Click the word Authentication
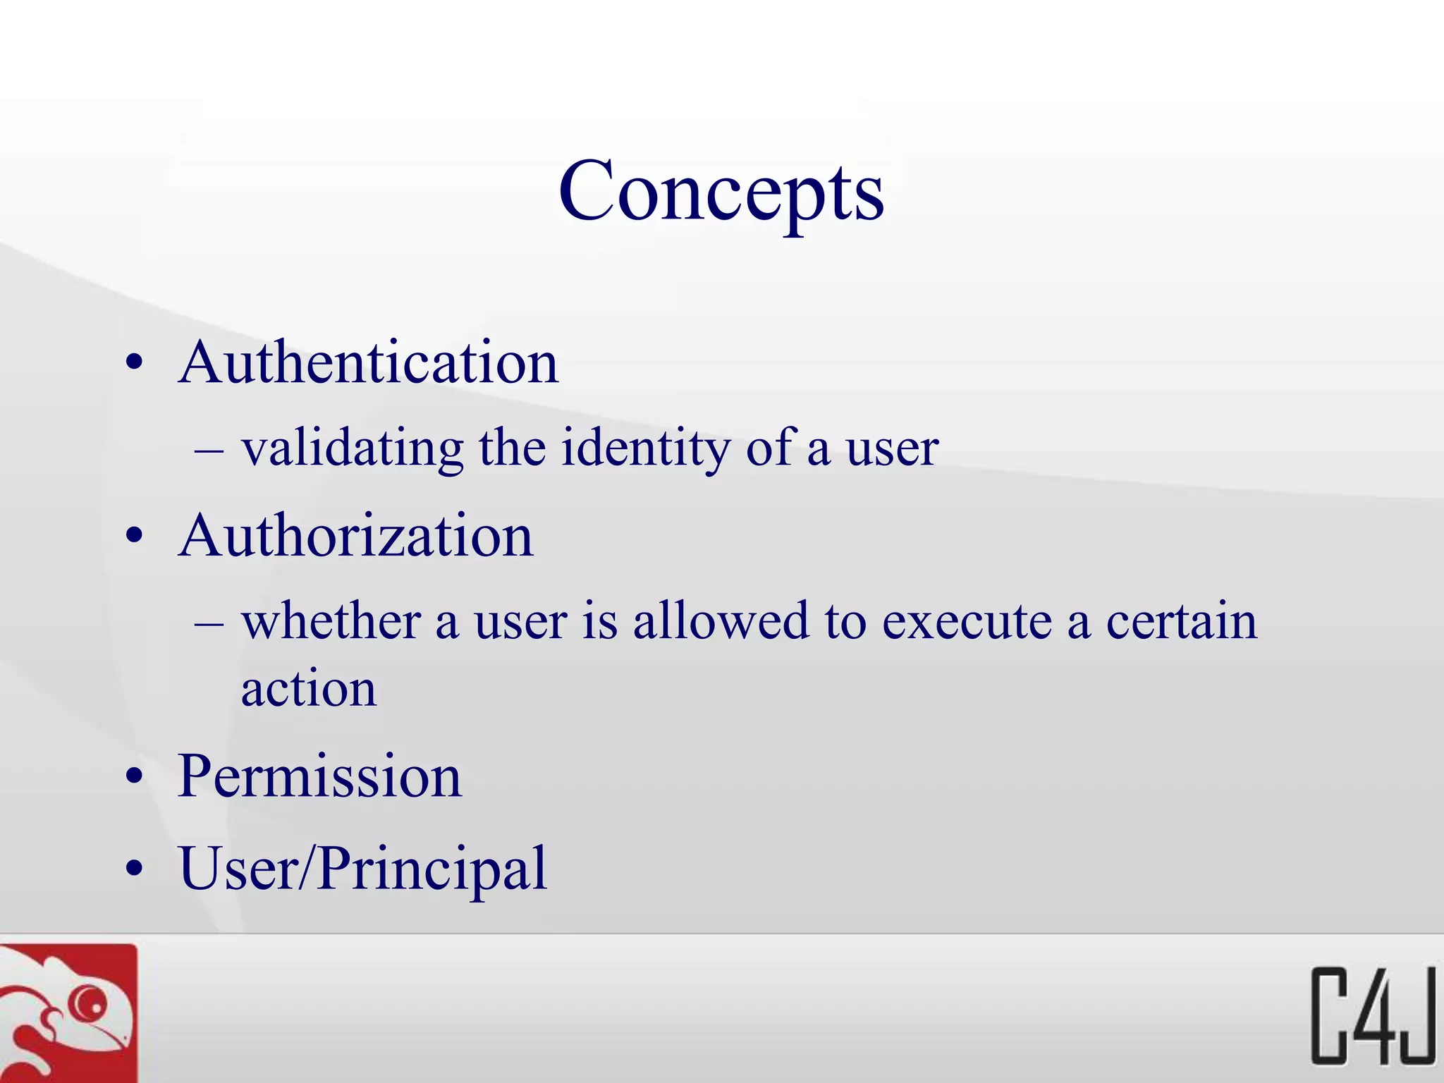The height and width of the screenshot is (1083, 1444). (x=369, y=363)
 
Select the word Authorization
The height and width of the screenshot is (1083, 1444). (x=356, y=537)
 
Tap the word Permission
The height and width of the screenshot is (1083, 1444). (x=320, y=776)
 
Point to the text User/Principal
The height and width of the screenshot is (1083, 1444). (x=363, y=869)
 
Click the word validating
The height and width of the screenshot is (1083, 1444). (x=353, y=449)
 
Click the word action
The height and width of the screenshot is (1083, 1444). (x=309, y=689)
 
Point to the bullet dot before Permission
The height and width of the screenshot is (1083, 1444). (x=134, y=778)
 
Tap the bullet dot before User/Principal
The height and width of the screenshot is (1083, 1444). (x=134, y=869)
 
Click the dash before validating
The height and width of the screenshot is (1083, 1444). (x=209, y=450)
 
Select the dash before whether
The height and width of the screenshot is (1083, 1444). (x=209, y=623)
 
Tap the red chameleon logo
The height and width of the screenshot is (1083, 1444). (x=68, y=1014)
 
